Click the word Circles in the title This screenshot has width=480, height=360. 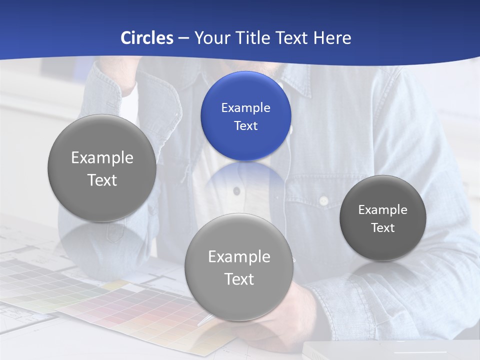146,38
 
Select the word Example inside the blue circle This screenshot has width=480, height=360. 245,107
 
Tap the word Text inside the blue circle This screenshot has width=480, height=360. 245,125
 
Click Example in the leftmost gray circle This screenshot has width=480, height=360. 102,157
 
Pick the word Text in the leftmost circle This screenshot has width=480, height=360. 102,180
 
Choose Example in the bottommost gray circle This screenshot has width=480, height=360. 239,256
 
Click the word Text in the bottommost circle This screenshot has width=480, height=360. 239,279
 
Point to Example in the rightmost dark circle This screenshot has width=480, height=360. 382,209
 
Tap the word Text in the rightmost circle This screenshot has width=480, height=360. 382,228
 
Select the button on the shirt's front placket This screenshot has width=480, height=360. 237,190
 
